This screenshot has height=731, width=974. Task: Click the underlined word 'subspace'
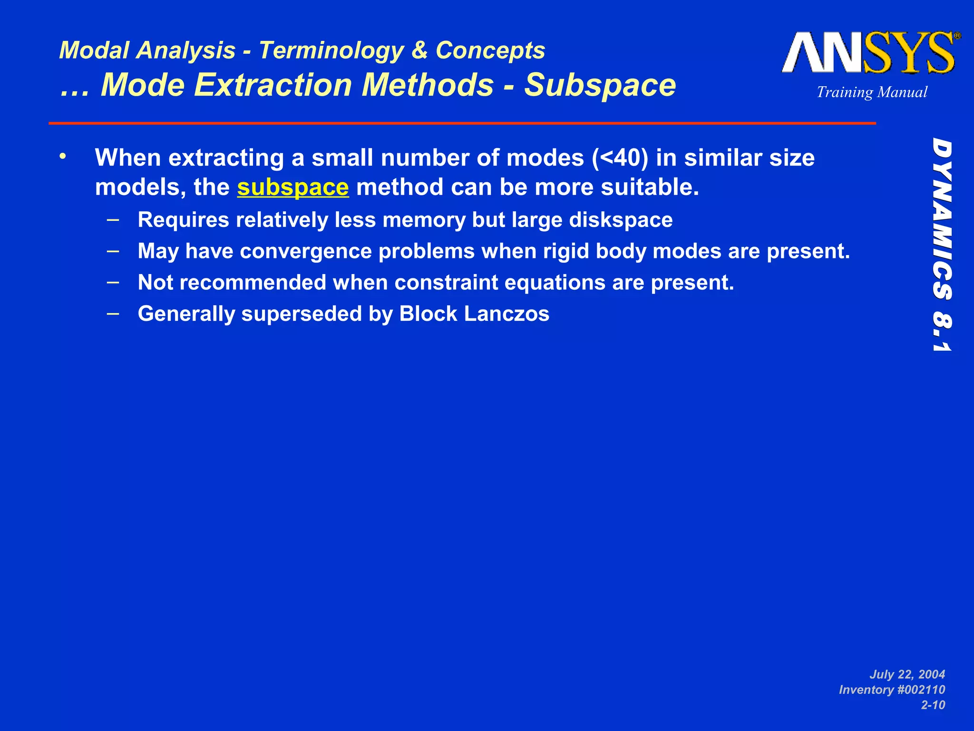pyautogui.click(x=293, y=187)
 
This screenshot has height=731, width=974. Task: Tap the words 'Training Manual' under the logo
pyautogui.click(x=872, y=92)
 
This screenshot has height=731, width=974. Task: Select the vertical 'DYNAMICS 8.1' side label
pyautogui.click(x=942, y=245)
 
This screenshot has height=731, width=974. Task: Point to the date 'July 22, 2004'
pyautogui.click(x=907, y=674)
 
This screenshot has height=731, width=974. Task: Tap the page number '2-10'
pyautogui.click(x=933, y=705)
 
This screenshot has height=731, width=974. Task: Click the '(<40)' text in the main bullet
pyautogui.click(x=620, y=158)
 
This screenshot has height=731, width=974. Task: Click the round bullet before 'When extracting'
pyautogui.click(x=63, y=156)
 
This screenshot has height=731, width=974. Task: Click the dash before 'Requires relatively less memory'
pyautogui.click(x=113, y=219)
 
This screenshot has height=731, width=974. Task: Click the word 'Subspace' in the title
pyautogui.click(x=600, y=85)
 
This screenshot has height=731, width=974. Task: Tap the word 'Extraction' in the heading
pyautogui.click(x=273, y=85)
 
